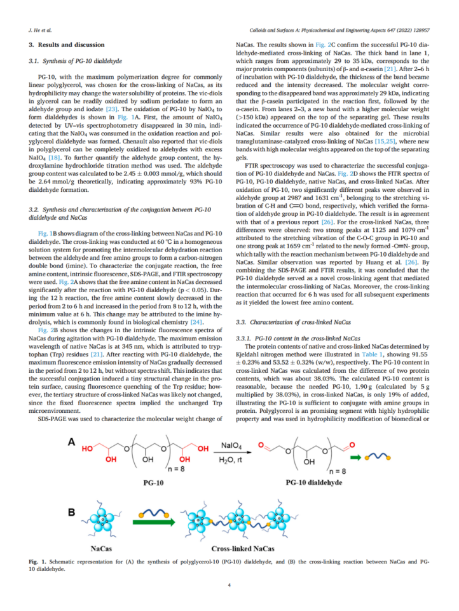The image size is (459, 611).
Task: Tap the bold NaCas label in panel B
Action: pyautogui.click(x=101, y=548)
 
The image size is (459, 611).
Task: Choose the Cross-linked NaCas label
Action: pyautogui.click(x=243, y=548)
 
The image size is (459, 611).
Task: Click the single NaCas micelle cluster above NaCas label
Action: pyautogui.click(x=102, y=522)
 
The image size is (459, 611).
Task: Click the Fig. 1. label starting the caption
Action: pyautogui.click(x=38, y=563)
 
